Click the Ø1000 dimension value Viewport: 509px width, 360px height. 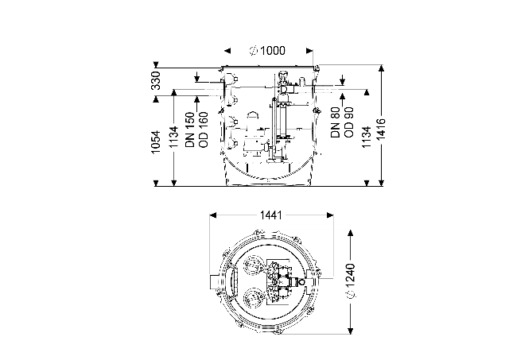point(267,51)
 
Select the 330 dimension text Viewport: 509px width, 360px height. point(156,80)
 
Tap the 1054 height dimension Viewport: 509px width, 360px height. point(156,141)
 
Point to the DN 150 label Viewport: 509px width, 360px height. point(190,130)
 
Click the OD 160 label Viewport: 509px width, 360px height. point(204,130)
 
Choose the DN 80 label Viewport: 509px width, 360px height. point(336,122)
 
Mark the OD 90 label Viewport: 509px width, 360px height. point(349,122)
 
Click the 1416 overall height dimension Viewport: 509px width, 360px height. point(381,130)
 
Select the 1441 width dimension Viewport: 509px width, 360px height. point(271,215)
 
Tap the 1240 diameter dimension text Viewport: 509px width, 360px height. point(350,281)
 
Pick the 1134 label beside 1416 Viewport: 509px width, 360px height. point(367,137)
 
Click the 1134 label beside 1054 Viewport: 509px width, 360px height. point(173,137)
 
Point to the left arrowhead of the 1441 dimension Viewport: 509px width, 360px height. point(213,215)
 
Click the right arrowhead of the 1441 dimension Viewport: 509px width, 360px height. point(330,215)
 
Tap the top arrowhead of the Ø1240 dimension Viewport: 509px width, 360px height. point(350,234)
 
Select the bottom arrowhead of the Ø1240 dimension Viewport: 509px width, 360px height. point(350,331)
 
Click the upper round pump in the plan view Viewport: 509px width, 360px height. point(252,265)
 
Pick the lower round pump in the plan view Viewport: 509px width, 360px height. point(252,298)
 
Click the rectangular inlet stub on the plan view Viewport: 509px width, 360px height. point(215,281)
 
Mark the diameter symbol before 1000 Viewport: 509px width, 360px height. point(254,51)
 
